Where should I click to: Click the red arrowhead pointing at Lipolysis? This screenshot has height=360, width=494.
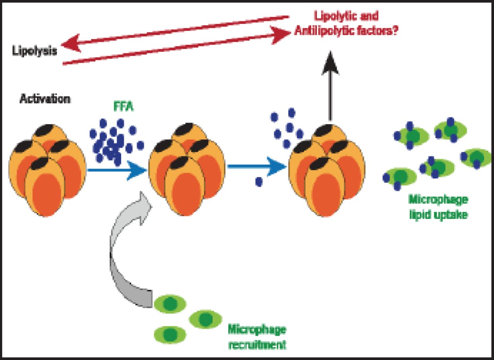point(71,43)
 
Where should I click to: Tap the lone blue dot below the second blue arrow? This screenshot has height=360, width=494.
point(259,181)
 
